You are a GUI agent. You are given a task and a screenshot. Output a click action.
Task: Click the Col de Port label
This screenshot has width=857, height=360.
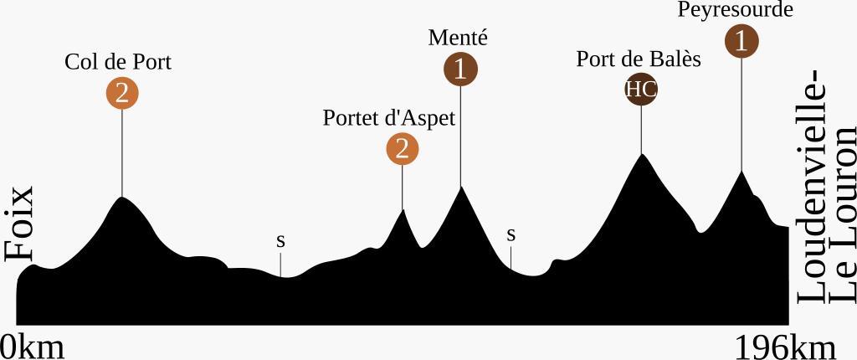[x=118, y=63]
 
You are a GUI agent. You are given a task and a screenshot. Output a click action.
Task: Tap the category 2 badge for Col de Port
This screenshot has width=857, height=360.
[x=122, y=94]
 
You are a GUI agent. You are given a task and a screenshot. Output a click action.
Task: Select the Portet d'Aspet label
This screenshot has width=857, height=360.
[x=389, y=118]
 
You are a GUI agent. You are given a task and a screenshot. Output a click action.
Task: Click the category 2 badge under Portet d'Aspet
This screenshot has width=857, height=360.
[x=403, y=149]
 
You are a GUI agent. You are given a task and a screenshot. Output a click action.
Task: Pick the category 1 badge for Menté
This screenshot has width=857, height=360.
[x=460, y=69]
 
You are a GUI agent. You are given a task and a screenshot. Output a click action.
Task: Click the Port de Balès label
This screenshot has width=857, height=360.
[x=639, y=59]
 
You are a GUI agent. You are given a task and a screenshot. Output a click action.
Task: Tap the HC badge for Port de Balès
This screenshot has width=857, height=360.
[x=641, y=90]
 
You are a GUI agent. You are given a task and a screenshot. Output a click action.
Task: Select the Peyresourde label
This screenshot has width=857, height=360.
[x=736, y=10]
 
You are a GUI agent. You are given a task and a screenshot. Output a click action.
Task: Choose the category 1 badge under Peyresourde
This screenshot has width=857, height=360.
[x=742, y=40]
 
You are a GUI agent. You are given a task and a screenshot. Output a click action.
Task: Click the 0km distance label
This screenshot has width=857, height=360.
[x=33, y=346]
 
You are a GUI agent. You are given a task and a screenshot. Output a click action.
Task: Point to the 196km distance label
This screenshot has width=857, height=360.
[x=785, y=346]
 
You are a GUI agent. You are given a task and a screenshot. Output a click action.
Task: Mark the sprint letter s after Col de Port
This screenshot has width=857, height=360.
[x=281, y=241]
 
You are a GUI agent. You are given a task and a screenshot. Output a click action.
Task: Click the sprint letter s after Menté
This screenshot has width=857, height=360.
[x=511, y=235]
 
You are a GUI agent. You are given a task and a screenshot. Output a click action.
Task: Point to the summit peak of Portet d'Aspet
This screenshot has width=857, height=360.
[x=403, y=209]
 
